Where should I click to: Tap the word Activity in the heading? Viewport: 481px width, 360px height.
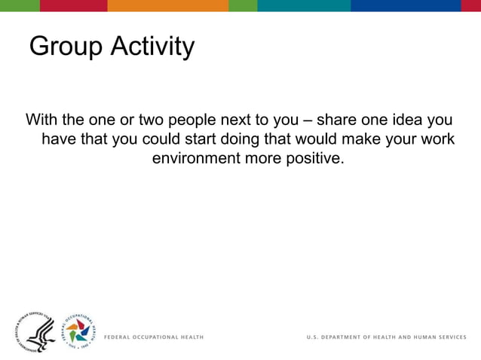(x=152, y=47)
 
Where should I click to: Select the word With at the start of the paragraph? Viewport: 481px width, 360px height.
(x=41, y=121)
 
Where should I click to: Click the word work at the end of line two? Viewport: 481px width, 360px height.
(x=438, y=140)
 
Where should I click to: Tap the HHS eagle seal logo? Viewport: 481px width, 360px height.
(x=35, y=331)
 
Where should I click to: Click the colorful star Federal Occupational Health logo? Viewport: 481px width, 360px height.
(x=78, y=331)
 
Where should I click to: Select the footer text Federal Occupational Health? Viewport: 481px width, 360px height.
(x=153, y=337)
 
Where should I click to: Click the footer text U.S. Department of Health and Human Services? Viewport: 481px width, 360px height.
(x=386, y=337)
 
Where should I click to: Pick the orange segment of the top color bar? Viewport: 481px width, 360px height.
(x=167, y=5)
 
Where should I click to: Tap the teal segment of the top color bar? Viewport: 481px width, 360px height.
(x=304, y=5)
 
